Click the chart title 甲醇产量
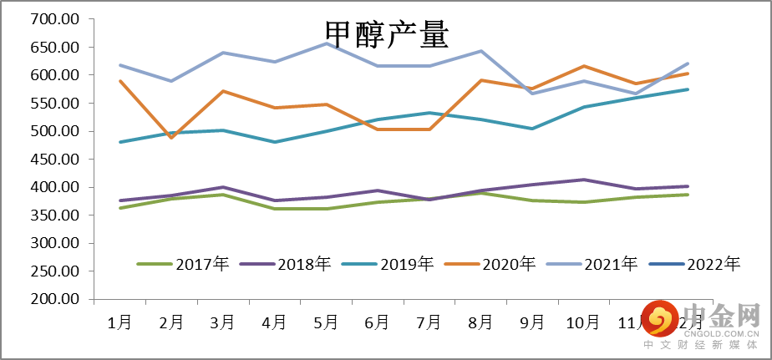tap(387, 35)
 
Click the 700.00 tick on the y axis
tap(54, 19)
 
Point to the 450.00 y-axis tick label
tap(54, 160)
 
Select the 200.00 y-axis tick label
tap(54, 300)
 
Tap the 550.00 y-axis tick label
tap(54, 104)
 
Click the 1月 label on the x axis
tap(119, 322)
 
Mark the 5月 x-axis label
tap(326, 322)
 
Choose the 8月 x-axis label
tap(480, 322)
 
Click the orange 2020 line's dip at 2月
tap(171, 138)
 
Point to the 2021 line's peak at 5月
tap(326, 43)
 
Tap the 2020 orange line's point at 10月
tap(583, 66)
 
